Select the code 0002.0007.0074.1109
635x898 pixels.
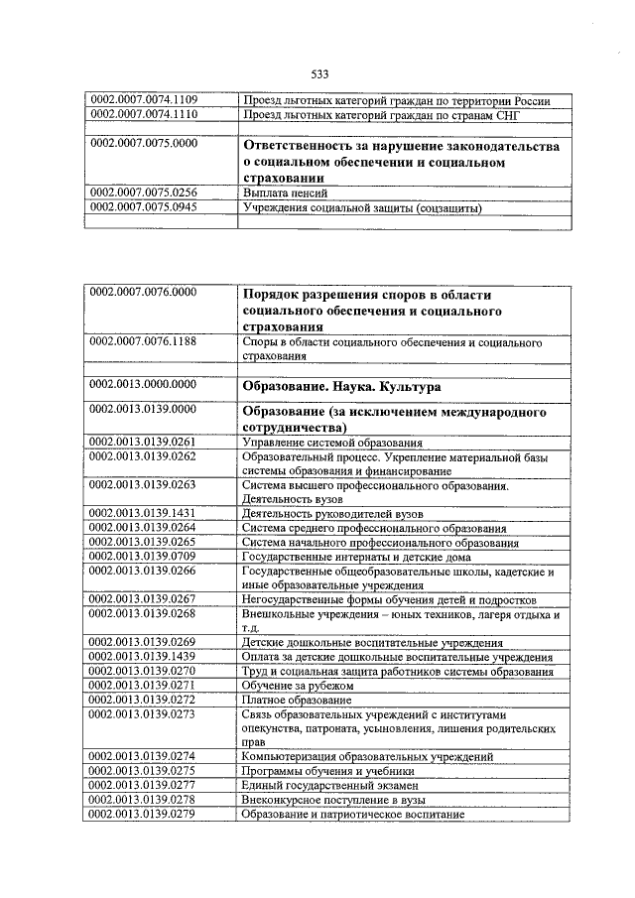[x=144, y=99]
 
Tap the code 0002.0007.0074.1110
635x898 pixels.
[x=144, y=113]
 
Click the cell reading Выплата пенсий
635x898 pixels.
[x=285, y=192]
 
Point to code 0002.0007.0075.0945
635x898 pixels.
[x=144, y=207]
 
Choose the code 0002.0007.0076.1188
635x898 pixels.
[x=144, y=342]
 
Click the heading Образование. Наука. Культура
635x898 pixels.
[x=341, y=385]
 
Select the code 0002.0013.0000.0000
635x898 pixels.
[x=144, y=384]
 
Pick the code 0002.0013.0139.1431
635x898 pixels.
[x=144, y=513]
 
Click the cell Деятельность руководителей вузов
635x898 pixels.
[x=332, y=514]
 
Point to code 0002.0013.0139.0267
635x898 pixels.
[x=144, y=599]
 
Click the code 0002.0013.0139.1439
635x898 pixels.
[x=144, y=657]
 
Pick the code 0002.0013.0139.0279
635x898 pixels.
[x=144, y=814]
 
